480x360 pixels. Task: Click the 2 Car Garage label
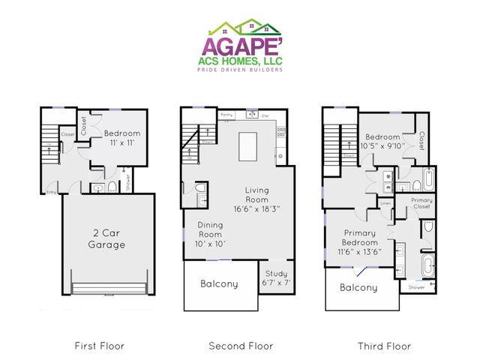point(104,238)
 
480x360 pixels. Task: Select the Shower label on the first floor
point(128,181)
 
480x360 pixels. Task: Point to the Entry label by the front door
point(51,192)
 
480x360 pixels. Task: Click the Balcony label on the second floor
point(219,284)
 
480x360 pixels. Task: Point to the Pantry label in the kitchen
point(227,115)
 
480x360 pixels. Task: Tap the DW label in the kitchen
point(265,115)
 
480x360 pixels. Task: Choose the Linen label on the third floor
point(386,203)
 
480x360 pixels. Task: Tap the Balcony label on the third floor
point(358,287)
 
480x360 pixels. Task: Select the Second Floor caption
point(240,346)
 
